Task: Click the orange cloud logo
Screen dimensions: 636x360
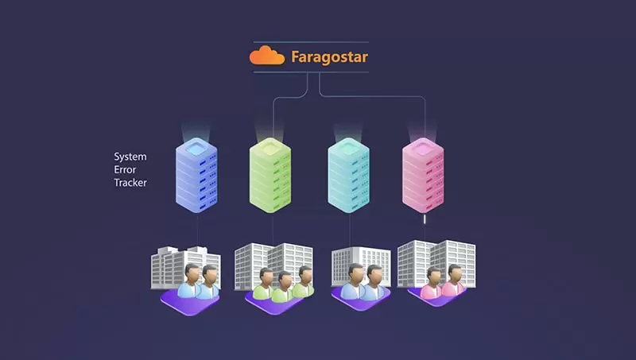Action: (267, 56)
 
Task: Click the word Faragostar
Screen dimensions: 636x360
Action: (329, 56)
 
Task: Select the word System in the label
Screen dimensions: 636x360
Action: (130, 157)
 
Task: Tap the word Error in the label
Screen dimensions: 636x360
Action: (125, 169)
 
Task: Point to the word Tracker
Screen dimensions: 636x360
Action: (130, 183)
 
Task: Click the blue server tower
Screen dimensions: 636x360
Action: (196, 175)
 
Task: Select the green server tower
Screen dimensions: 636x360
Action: (270, 175)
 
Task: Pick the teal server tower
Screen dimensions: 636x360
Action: (348, 175)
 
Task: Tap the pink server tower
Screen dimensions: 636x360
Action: (423, 175)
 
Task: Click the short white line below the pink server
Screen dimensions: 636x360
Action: (425, 219)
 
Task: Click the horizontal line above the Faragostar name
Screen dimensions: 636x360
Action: (311, 42)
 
